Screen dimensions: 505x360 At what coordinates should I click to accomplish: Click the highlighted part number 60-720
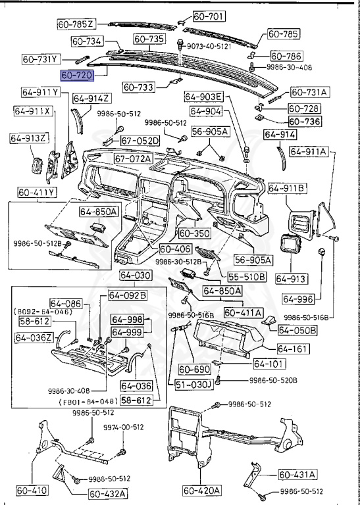click(76, 76)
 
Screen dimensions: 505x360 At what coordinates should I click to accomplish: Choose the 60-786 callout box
click(286, 57)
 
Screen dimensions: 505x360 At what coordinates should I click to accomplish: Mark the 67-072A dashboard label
click(133, 158)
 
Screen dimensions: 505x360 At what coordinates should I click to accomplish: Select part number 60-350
click(193, 233)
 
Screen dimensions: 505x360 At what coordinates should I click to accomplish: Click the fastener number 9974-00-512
click(124, 426)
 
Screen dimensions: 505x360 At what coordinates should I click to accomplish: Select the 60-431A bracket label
click(297, 474)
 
